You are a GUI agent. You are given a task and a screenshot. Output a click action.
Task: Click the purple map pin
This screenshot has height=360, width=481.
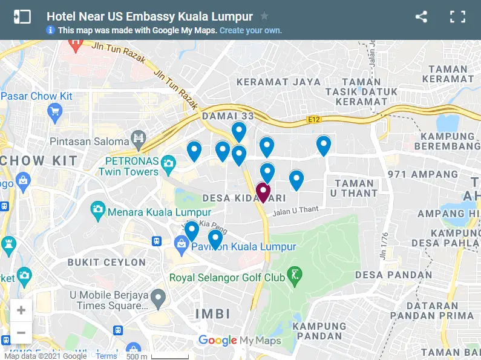coord(263,192)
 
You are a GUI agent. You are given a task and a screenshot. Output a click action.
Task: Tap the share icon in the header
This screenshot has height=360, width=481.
coord(422,17)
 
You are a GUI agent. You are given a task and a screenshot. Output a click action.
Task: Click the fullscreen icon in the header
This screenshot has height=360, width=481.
coord(457,17)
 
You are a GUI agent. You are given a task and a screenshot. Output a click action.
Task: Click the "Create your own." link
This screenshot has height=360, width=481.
coord(250,30)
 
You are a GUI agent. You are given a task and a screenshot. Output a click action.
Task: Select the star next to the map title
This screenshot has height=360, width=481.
coord(264,16)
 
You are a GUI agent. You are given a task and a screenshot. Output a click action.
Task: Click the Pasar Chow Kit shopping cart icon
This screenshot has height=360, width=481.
coord(55,111)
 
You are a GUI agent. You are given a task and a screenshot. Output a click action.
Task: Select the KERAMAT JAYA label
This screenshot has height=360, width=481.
coord(270,82)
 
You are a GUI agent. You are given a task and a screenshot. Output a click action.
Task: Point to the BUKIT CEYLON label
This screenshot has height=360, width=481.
coord(106,263)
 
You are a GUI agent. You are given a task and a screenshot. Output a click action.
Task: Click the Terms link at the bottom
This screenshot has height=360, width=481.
coord(106,356)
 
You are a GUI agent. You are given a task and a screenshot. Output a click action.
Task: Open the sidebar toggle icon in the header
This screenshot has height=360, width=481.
coord(22,17)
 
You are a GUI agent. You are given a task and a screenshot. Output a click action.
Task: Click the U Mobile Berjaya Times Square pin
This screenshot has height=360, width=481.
coord(158,297)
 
